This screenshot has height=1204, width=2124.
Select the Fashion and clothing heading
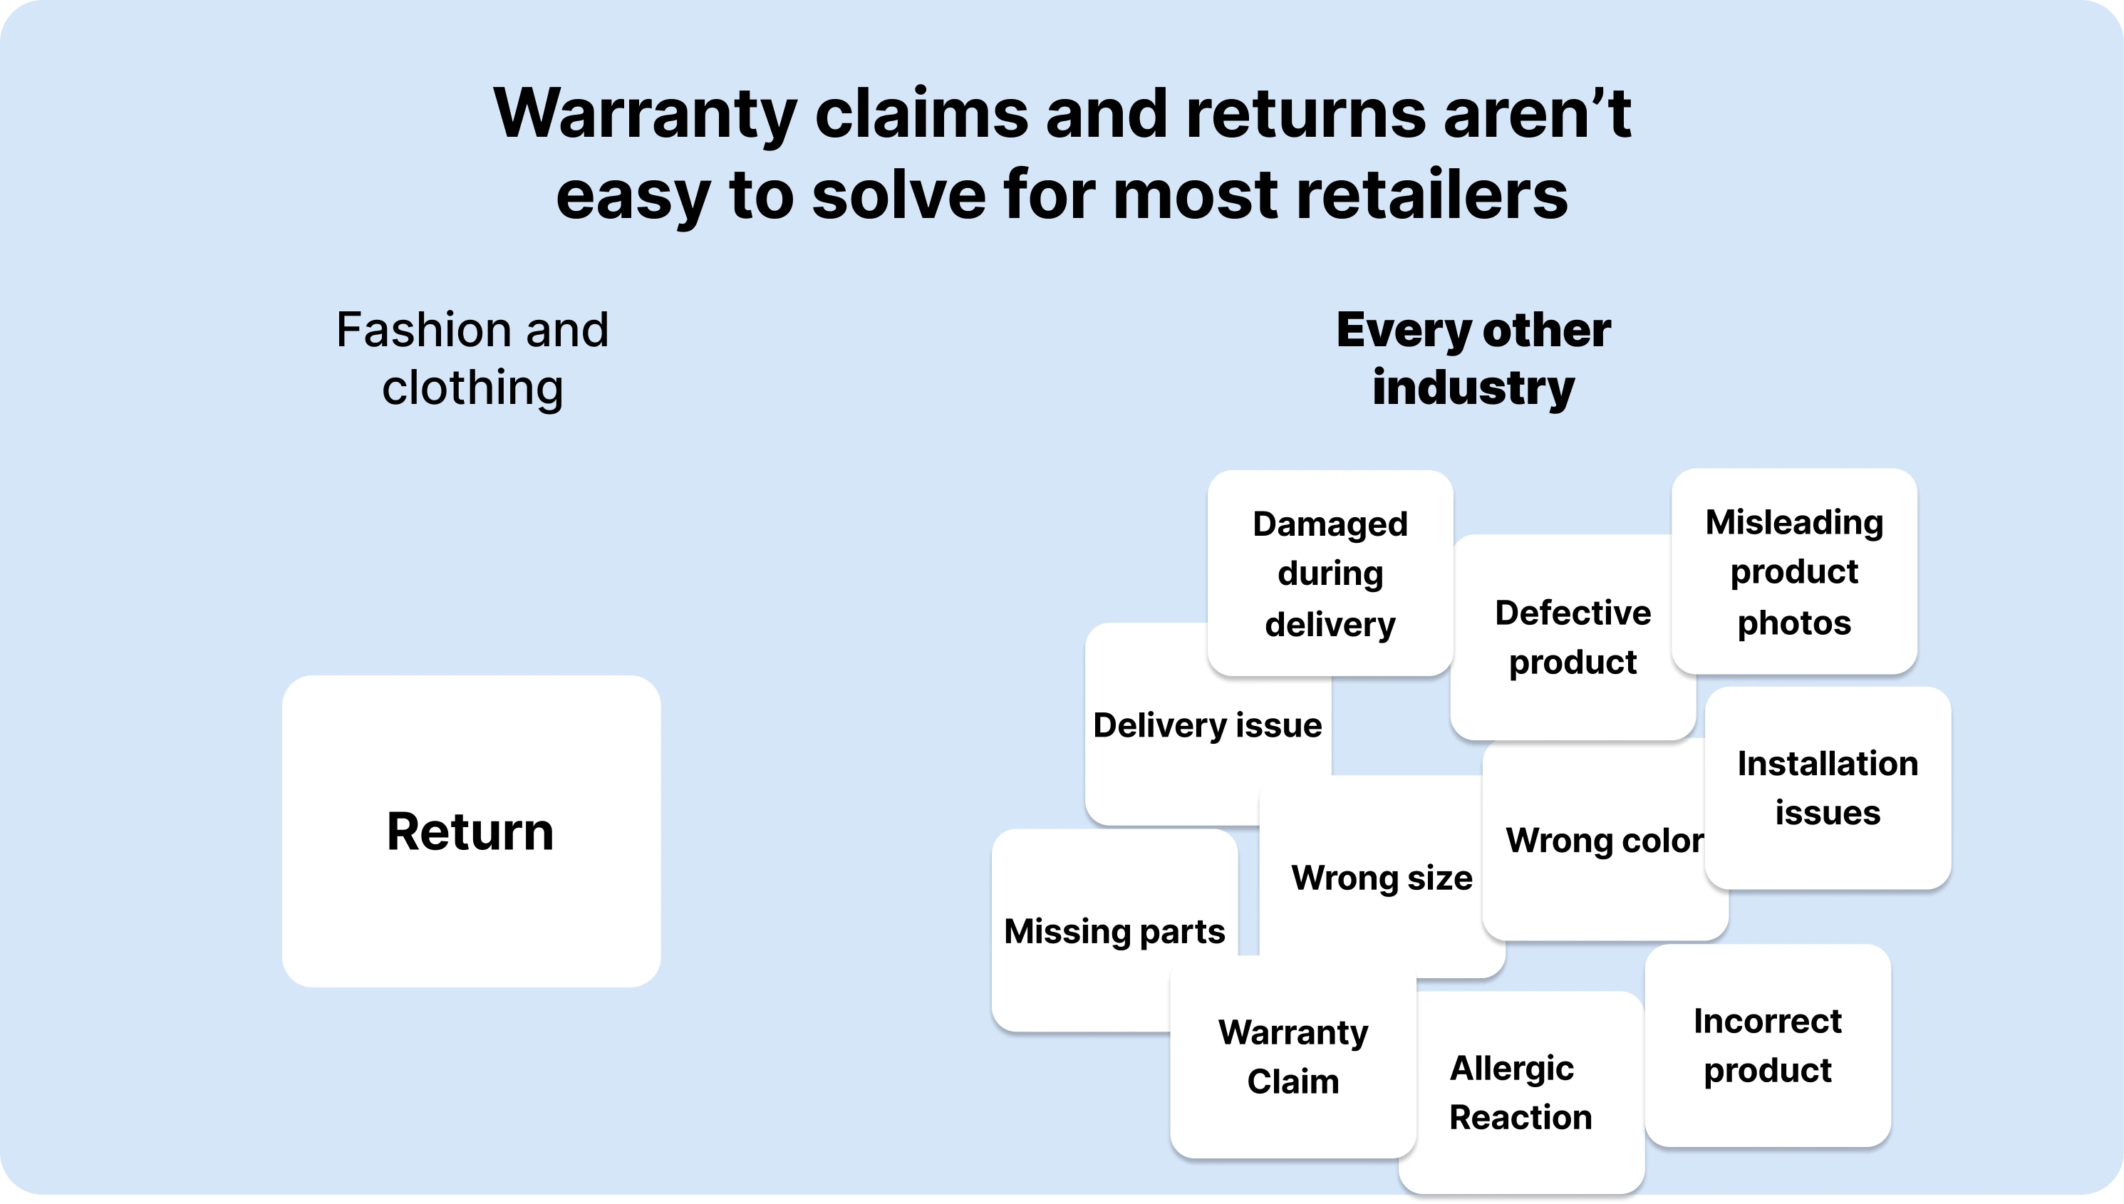tap(472, 358)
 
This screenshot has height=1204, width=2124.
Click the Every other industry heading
tap(1473, 358)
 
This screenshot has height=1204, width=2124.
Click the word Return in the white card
tap(470, 831)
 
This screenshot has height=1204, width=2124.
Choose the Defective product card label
tap(1573, 637)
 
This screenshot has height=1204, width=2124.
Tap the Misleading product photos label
tap(1794, 572)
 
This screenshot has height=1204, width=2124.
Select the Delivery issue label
tap(1207, 725)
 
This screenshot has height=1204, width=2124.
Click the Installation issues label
tap(1827, 788)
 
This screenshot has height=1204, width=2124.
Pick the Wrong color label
tap(1604, 840)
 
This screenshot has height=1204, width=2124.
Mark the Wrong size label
tap(1382, 878)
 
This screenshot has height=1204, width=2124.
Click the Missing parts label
tap(1114, 931)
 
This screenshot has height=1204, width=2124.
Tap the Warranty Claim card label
tap(1293, 1057)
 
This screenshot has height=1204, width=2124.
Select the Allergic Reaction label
tap(1520, 1092)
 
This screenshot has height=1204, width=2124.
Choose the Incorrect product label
tap(1768, 1045)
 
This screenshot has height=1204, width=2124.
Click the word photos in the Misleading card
tap(1794, 623)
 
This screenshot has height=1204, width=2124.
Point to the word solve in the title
tap(898, 195)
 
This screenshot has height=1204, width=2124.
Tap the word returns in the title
tap(1305, 113)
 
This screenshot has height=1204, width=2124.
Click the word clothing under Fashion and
tap(472, 387)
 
